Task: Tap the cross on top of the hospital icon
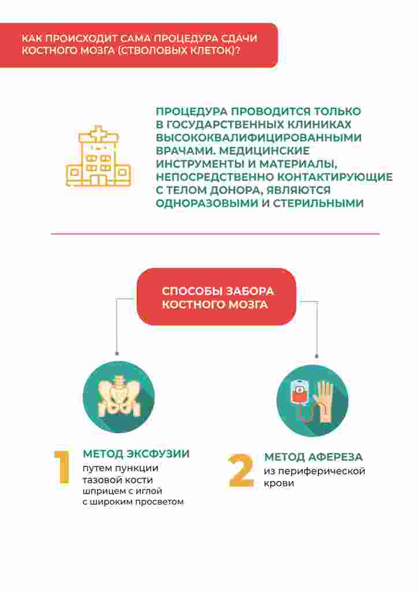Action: pyautogui.click(x=98, y=134)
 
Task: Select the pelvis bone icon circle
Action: pyautogui.click(x=119, y=397)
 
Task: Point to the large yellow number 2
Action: pyautogui.click(x=241, y=471)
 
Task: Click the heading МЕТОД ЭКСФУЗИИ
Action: pyautogui.click(x=136, y=453)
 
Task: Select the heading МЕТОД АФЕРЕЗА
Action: pyautogui.click(x=313, y=457)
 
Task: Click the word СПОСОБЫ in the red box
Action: pyautogui.click(x=191, y=291)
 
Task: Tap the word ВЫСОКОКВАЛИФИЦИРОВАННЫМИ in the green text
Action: pyautogui.click(x=259, y=138)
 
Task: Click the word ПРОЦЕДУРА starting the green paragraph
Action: pyautogui.click(x=192, y=112)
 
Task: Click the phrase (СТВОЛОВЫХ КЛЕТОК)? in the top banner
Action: pyautogui.click(x=179, y=51)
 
